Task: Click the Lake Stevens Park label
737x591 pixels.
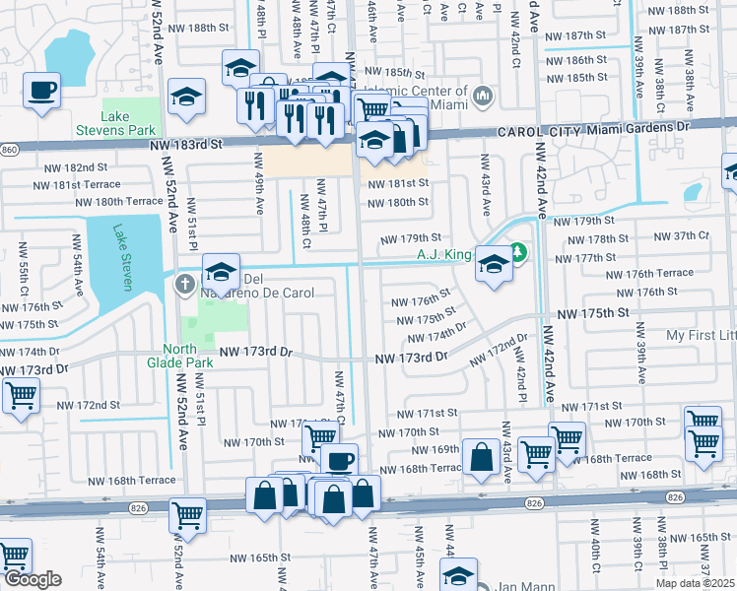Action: (114, 123)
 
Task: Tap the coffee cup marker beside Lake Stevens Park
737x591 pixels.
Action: (41, 92)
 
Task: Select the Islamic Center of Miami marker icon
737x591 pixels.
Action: (482, 97)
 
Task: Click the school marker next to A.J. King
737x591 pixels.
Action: (493, 264)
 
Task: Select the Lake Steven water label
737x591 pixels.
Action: (122, 257)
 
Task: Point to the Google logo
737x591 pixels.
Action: (32, 579)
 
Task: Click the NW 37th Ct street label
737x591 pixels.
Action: (688, 235)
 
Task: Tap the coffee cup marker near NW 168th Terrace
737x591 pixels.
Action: (340, 460)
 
